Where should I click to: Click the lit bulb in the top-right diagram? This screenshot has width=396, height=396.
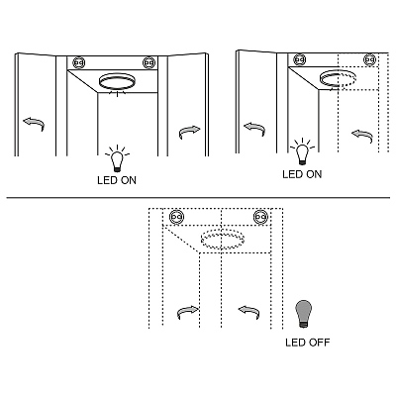click(x=302, y=151)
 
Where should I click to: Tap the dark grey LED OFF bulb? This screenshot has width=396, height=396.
click(x=304, y=314)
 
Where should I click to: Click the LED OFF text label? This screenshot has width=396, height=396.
click(x=308, y=343)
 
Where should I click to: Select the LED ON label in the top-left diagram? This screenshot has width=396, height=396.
click(x=117, y=180)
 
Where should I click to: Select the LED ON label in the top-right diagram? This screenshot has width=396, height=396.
click(x=302, y=174)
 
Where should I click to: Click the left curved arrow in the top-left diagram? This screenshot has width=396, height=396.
click(x=34, y=124)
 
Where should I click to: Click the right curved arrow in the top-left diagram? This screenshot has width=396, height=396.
click(x=190, y=132)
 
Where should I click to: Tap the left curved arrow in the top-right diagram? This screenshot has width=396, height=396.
click(x=254, y=129)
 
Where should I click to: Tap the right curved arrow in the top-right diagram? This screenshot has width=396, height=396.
click(x=362, y=136)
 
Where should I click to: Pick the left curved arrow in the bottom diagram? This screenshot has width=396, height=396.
click(x=188, y=312)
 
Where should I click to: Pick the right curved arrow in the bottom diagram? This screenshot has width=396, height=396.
click(x=248, y=312)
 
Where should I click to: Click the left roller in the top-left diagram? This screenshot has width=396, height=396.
click(x=79, y=62)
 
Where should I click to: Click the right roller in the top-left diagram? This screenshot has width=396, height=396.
click(x=148, y=62)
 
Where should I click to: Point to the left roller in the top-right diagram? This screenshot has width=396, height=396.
click(x=299, y=59)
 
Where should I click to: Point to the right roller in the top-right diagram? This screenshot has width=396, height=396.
click(x=369, y=59)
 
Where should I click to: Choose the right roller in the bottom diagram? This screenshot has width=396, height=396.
click(x=260, y=217)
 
